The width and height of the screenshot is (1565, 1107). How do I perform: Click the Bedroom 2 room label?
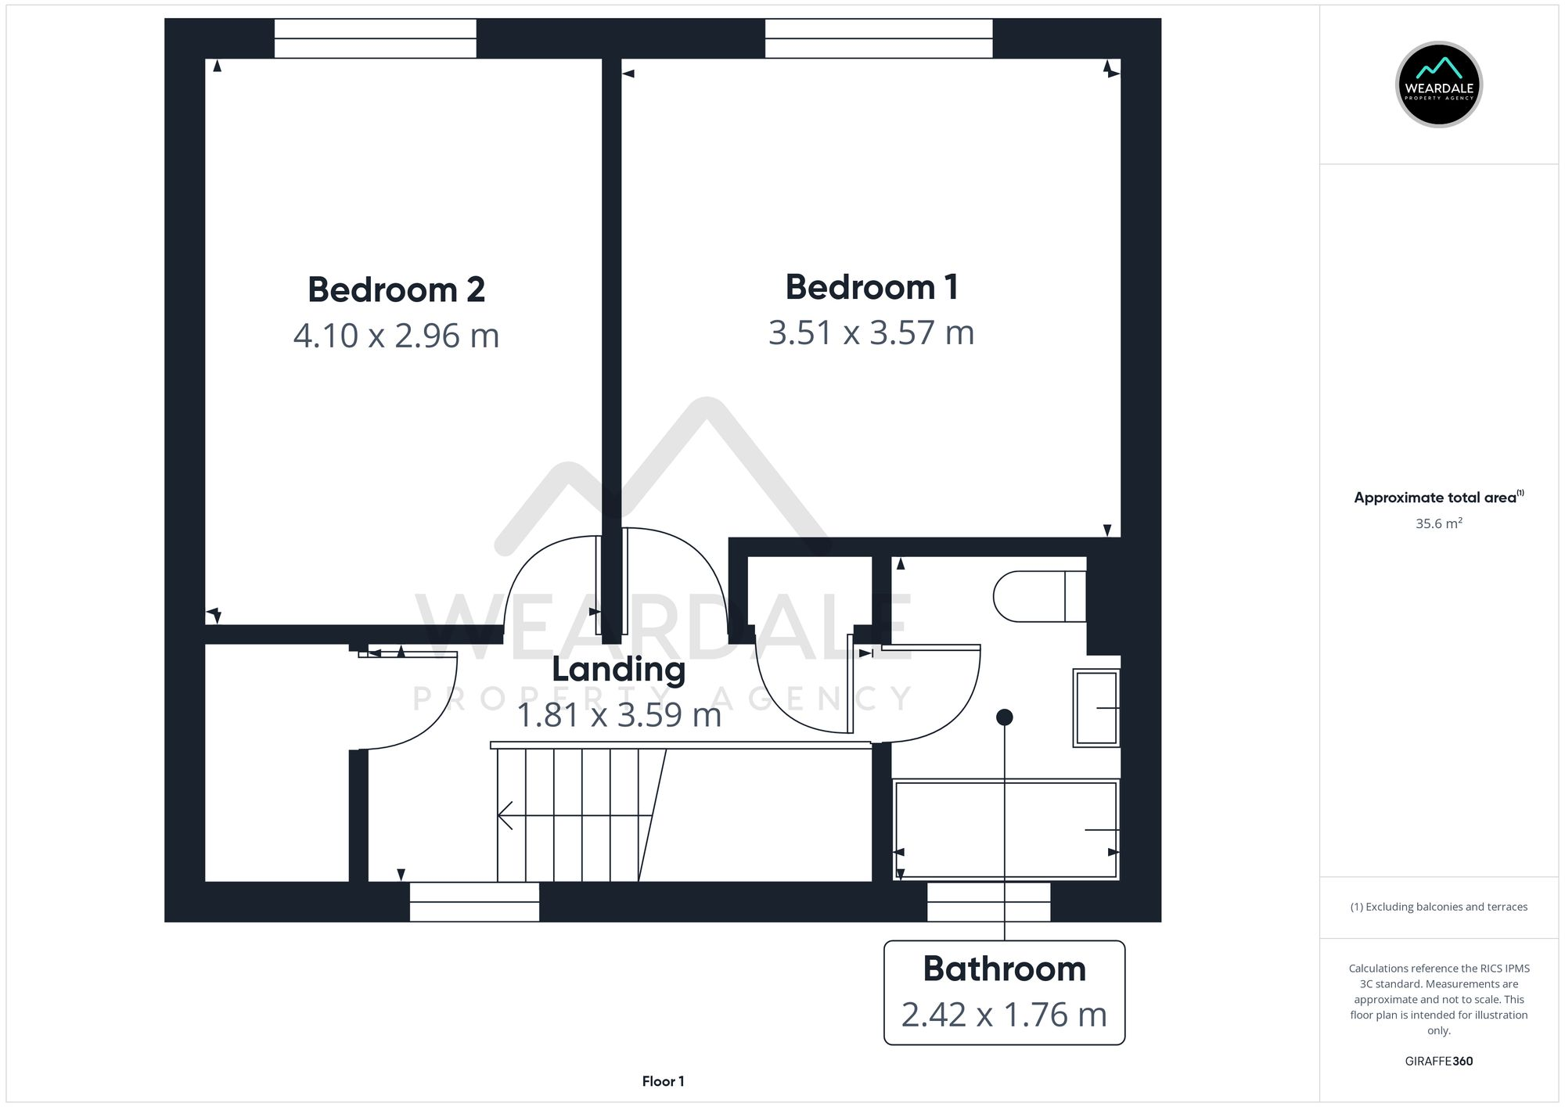click(396, 289)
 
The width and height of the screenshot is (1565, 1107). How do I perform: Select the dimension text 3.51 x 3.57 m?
click(871, 332)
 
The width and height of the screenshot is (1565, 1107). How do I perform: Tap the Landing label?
click(618, 670)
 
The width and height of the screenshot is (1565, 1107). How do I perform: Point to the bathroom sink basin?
click(1095, 707)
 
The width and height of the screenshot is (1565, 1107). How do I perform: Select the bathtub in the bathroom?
click(1006, 829)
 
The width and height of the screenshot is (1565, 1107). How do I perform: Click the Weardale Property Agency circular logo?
click(1438, 84)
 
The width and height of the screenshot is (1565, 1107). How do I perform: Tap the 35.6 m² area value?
click(1438, 523)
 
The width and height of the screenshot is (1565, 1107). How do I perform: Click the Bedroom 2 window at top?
click(375, 38)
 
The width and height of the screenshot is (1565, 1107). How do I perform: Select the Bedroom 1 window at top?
click(878, 38)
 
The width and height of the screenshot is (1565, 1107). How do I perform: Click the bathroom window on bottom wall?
click(988, 901)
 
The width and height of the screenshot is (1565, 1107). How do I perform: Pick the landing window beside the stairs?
click(474, 901)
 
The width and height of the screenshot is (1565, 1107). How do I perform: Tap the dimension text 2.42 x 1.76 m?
click(1004, 1015)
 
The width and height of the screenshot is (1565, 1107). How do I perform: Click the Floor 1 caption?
click(663, 1081)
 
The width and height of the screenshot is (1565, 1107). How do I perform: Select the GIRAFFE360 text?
click(1438, 1061)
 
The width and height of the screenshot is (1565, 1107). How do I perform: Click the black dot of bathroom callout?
click(1005, 717)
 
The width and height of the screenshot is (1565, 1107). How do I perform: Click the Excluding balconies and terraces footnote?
click(1438, 907)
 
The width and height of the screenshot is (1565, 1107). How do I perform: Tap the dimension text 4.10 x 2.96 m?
click(396, 336)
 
